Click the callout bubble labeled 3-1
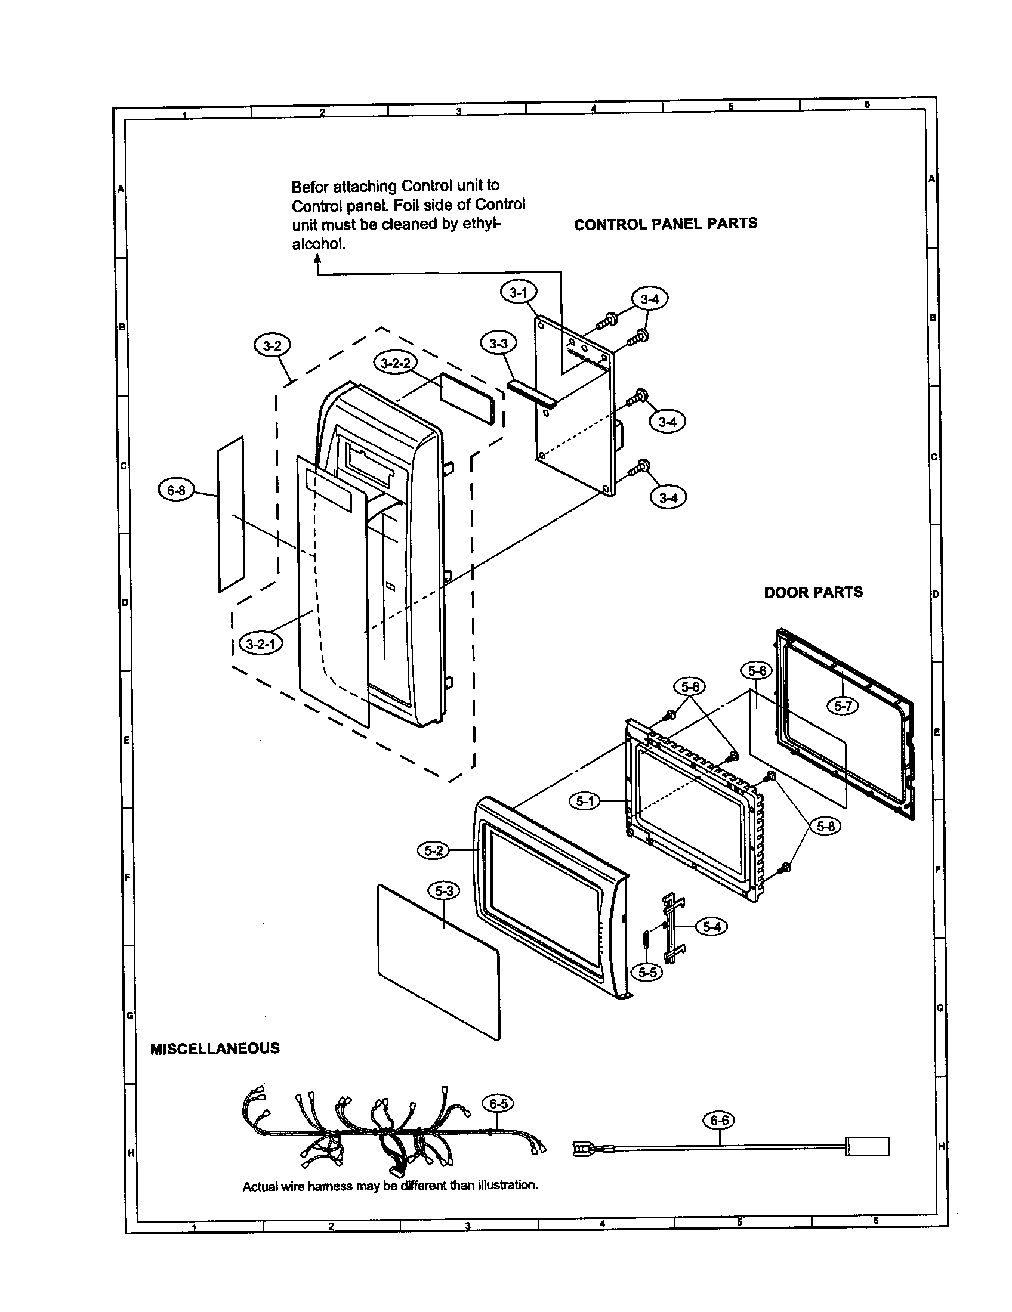518,293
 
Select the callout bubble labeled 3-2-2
396,363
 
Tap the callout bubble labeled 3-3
498,344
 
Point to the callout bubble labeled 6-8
176,490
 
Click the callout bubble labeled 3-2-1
261,645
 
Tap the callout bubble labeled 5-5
647,972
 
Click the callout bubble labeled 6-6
719,1121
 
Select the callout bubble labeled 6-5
498,1103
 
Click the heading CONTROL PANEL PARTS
665,224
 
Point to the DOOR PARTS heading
813,592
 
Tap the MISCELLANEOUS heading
215,1049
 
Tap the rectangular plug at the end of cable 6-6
866,1146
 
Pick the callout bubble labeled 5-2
434,850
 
